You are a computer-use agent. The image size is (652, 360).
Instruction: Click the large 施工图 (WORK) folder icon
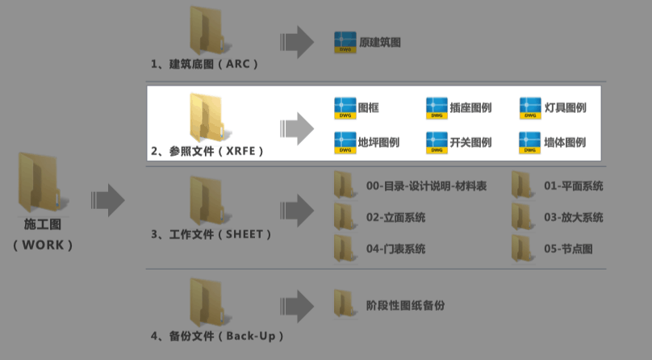(40, 183)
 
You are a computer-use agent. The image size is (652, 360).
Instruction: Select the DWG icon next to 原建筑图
(345, 43)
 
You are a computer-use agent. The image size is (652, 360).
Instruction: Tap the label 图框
(369, 108)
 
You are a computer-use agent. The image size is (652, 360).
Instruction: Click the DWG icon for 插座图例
(437, 108)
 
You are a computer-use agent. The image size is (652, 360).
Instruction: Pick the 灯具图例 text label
(566, 108)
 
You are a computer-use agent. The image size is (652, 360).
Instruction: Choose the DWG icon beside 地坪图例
(345, 143)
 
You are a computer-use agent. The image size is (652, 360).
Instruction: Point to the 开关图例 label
(470, 143)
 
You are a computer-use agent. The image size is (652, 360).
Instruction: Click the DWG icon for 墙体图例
(529, 143)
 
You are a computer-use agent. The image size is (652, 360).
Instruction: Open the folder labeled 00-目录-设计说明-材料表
(345, 185)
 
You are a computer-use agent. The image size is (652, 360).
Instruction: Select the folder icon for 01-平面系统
(522, 185)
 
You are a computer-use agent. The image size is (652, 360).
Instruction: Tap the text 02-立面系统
(396, 217)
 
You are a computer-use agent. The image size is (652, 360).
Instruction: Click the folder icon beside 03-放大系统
(522, 216)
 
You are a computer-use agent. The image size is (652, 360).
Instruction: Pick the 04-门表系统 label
(396, 249)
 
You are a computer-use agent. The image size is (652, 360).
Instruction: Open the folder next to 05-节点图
(522, 248)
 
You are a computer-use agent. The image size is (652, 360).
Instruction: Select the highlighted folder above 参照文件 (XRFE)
(207, 118)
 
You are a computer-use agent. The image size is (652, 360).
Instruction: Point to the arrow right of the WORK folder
(107, 200)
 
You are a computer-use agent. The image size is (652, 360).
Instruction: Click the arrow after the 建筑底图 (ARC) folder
(297, 42)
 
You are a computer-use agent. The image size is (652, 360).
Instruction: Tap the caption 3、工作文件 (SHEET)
(211, 234)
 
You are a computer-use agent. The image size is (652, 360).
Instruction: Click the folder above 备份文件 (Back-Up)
(207, 303)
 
